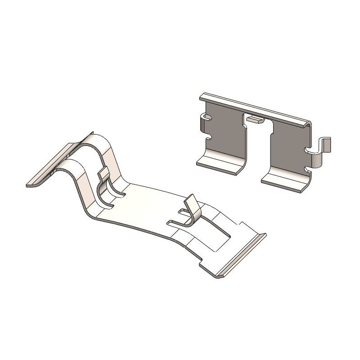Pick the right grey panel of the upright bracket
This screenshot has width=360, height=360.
point(290,144)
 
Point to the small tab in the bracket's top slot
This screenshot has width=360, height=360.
point(255,120)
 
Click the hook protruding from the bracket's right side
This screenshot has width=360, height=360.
point(325,146)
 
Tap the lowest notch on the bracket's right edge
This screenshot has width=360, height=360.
point(308,169)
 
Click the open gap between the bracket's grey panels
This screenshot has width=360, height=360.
point(258,148)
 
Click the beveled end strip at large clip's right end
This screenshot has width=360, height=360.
point(243,254)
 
